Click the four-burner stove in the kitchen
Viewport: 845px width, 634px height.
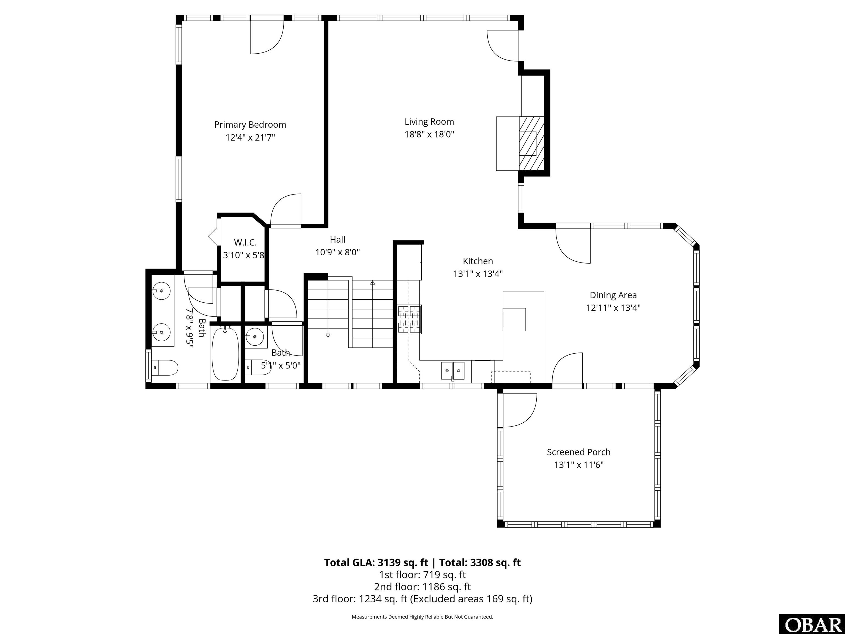[409, 319]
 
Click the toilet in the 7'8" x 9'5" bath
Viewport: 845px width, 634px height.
[165, 368]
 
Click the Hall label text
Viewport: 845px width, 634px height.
[337, 240]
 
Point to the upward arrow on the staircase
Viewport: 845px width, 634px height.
[372, 283]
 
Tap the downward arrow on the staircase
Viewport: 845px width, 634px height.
[328, 335]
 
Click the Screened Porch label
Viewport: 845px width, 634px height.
[578, 452]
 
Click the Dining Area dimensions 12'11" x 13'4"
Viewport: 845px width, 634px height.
[613, 308]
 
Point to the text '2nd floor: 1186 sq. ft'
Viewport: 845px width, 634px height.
[422, 587]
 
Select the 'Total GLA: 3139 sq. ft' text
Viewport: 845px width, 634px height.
[376, 562]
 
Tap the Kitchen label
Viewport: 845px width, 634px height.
[478, 261]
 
